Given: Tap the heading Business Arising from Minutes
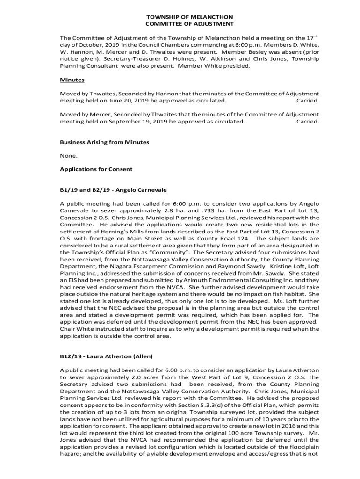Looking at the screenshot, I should click(104, 142).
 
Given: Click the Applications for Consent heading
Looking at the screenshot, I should click(96, 169).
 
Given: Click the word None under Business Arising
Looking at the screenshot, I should click(69, 155).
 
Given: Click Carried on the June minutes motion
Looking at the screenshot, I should click(308, 101).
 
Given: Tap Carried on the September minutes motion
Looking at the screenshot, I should click(308, 121).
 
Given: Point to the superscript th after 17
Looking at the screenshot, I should click(317, 36).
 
